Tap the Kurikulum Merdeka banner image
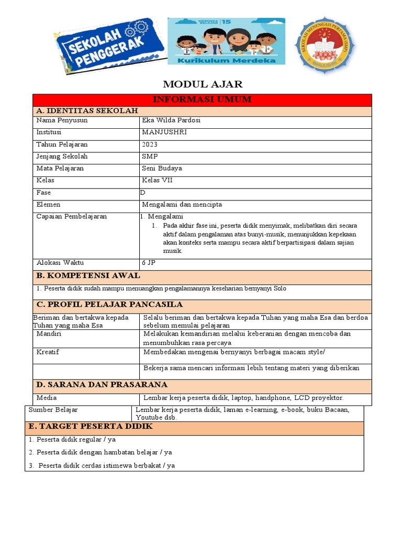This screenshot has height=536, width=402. [226, 41]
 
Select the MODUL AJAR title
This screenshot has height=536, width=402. [203, 84]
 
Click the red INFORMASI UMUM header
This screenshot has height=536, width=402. [202, 99]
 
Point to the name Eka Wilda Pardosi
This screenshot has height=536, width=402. [171, 120]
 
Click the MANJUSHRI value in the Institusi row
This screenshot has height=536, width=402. [164, 132]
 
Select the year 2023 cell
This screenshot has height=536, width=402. [149, 144]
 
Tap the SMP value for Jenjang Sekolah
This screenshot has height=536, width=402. [150, 157]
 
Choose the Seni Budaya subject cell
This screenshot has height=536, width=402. [162, 169]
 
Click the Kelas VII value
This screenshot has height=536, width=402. [157, 181]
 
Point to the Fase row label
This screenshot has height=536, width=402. [43, 193]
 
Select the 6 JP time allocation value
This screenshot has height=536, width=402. [148, 263]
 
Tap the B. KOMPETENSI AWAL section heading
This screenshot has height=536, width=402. [87, 276]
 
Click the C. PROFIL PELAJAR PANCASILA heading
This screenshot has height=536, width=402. [109, 305]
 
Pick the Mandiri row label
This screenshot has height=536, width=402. [49, 333]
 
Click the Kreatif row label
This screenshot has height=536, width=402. [48, 352]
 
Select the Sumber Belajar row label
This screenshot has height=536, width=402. [53, 409]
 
